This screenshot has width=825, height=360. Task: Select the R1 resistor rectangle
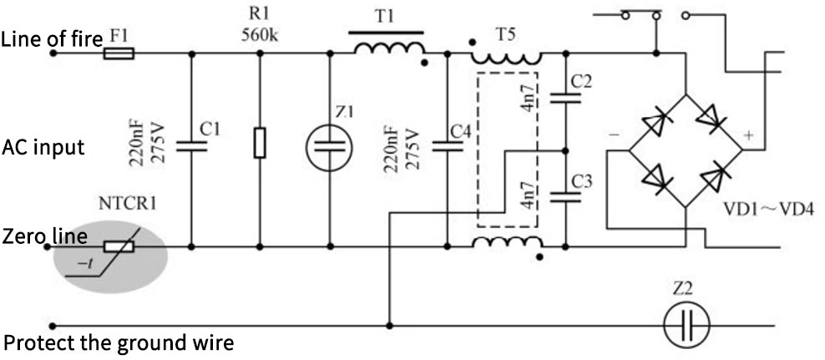click(260, 143)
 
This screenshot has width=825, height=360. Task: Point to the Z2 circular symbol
click(686, 324)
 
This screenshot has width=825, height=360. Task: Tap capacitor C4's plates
click(447, 147)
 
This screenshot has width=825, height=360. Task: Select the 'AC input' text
click(43, 148)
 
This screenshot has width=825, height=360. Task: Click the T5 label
click(506, 34)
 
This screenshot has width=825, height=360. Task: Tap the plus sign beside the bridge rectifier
click(748, 134)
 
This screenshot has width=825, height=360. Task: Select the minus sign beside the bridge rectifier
click(614, 133)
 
